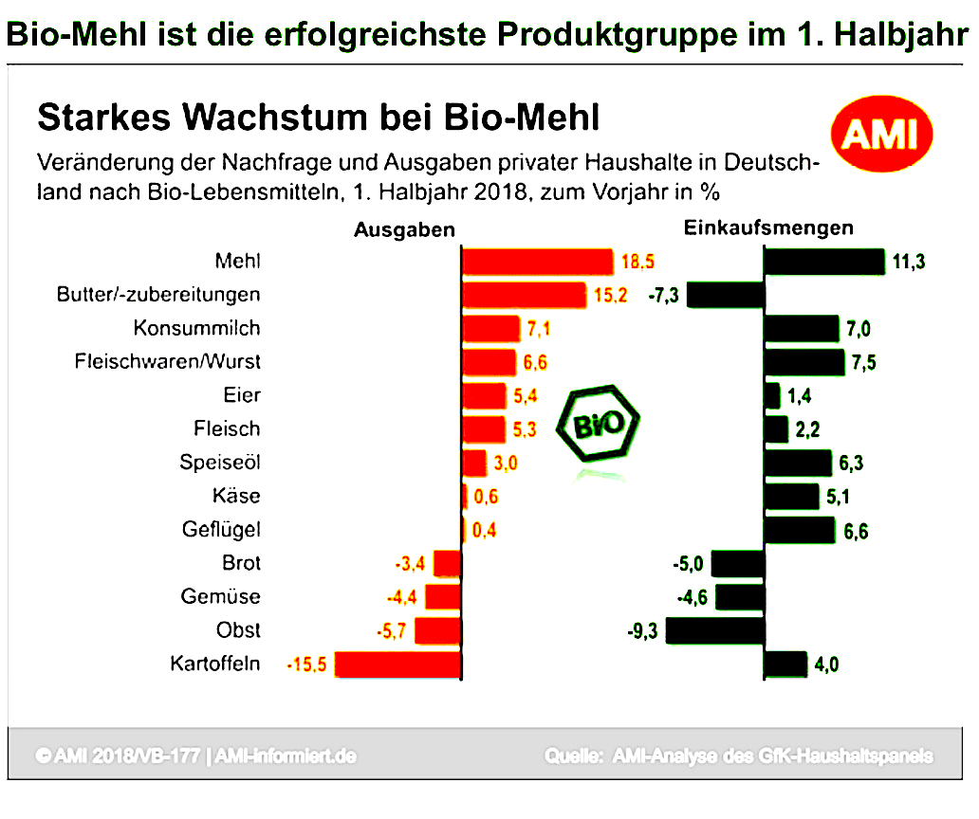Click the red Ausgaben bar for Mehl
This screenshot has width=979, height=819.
(x=537, y=261)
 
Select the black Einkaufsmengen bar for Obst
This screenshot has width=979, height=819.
(x=715, y=631)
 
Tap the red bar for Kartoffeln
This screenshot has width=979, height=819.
(x=398, y=664)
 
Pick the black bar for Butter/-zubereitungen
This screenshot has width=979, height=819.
(x=726, y=295)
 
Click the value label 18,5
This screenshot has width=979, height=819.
(x=637, y=261)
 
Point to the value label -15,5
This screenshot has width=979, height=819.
(x=307, y=665)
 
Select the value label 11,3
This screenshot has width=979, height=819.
(x=909, y=262)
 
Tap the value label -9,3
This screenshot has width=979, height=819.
(x=644, y=631)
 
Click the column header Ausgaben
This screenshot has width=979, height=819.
(x=404, y=229)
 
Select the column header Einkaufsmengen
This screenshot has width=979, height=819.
(x=767, y=228)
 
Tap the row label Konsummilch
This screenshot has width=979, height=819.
(x=196, y=329)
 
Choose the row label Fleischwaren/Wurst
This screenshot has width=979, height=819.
(x=167, y=362)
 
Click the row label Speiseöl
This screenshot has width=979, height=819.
(x=220, y=463)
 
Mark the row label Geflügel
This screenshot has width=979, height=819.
(x=221, y=530)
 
